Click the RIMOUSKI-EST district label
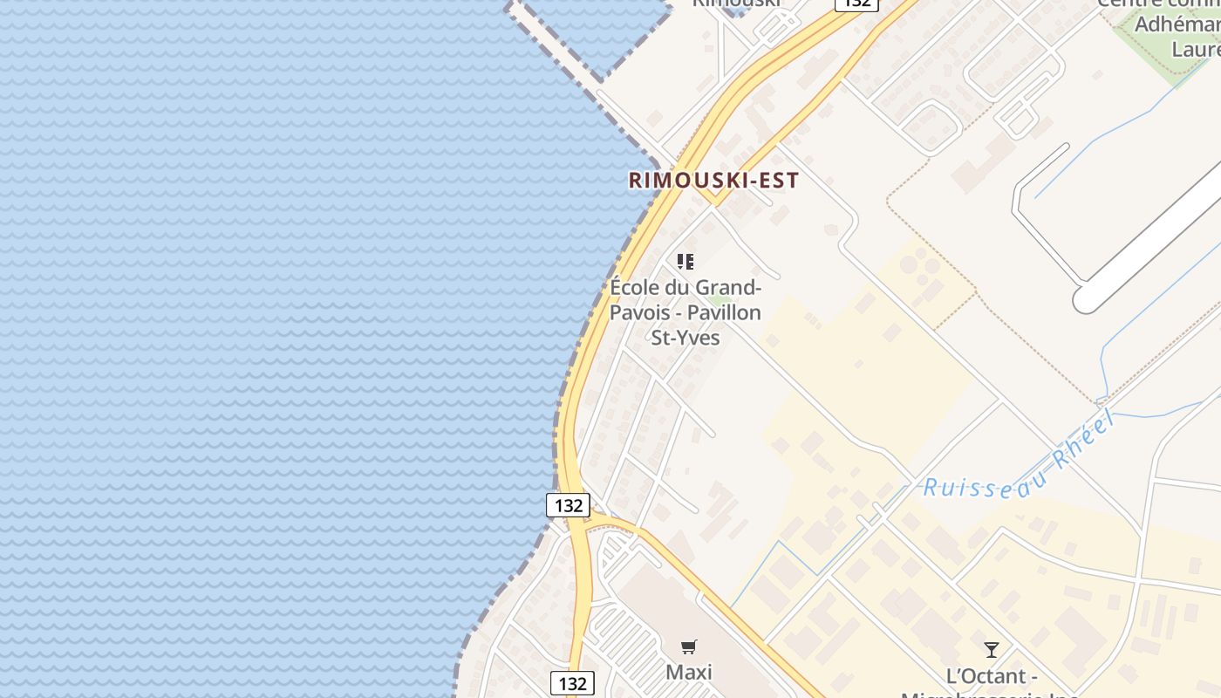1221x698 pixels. [x=713, y=181]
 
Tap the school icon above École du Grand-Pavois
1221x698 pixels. [x=686, y=261]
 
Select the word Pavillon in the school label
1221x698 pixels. [x=724, y=312]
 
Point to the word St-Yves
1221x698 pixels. [x=686, y=337]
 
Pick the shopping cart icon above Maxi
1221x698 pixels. [x=688, y=647]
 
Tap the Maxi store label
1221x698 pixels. [x=688, y=672]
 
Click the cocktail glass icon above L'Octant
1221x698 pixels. [x=991, y=649]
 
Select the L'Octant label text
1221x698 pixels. [x=991, y=676]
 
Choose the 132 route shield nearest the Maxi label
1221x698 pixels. [x=572, y=682]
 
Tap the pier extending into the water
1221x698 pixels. [x=558, y=44]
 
